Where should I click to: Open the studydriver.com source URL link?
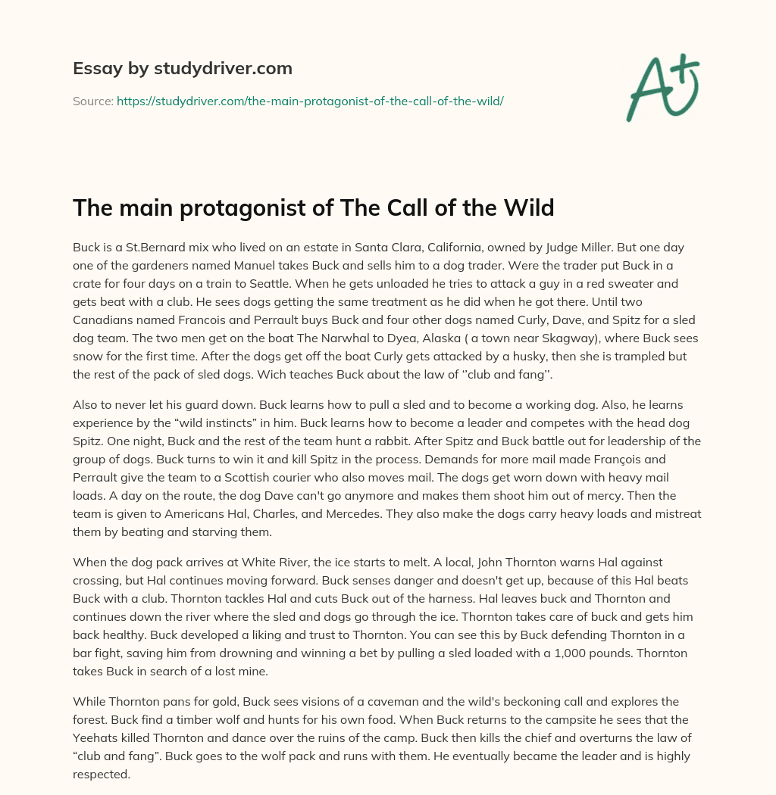310,101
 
